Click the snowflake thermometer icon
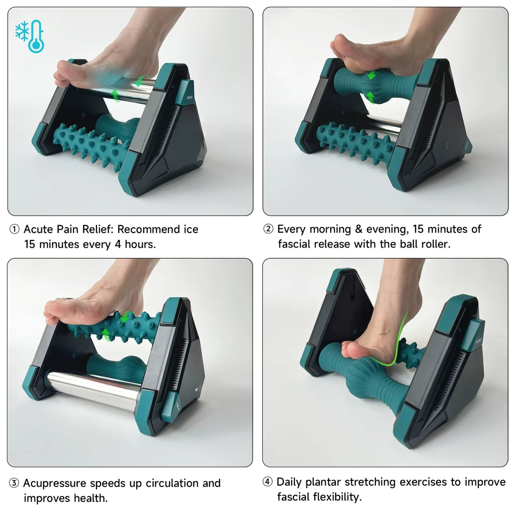click(30, 36)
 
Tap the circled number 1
click(14, 229)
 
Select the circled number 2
click(268, 229)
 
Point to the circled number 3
click(14, 483)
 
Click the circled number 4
click(267, 482)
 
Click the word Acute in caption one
click(39, 229)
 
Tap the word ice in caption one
click(191, 229)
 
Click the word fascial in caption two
click(296, 244)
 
